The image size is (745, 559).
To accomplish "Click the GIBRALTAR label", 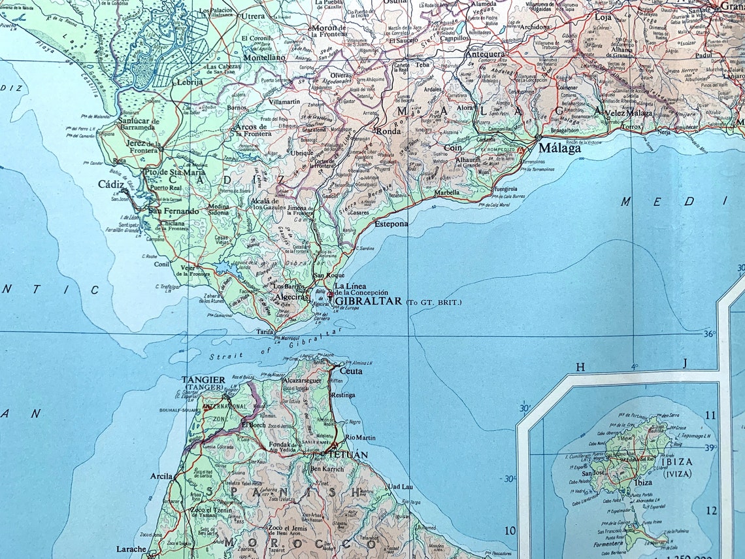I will (367, 302).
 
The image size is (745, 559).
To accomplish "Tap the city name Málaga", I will (559, 148).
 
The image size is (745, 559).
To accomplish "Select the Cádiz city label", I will (111, 185).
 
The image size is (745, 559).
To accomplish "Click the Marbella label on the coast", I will (446, 193).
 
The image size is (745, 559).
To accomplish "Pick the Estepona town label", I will (391, 224).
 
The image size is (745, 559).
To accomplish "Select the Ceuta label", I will (350, 371).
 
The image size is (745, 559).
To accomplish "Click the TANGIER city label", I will (203, 380).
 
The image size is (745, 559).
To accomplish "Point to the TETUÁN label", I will (347, 454).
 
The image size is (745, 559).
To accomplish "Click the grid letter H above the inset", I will (580, 367).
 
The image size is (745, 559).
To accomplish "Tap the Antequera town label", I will (484, 55).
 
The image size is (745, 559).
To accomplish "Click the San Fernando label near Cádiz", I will (173, 211).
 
